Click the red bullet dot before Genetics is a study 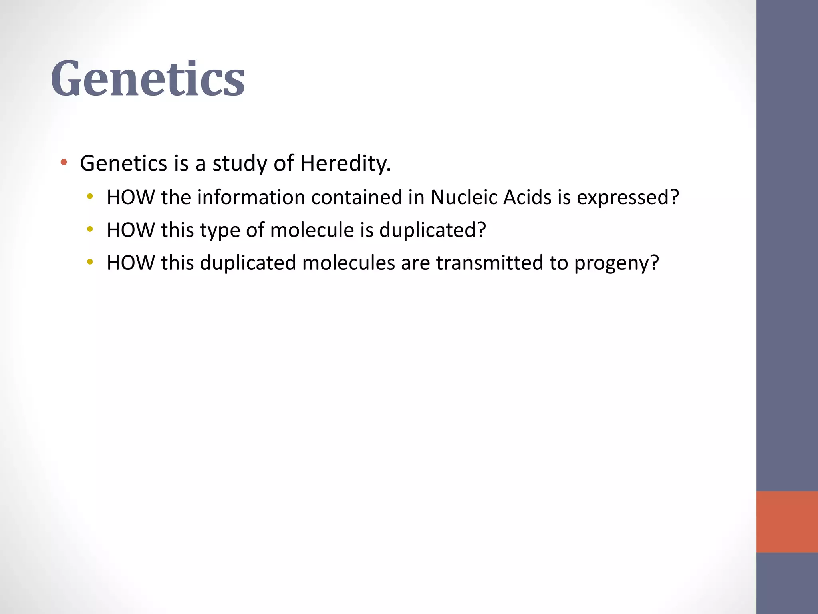(64, 162)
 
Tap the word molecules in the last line (348, 263)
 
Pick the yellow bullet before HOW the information (90, 196)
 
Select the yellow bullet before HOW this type (90, 229)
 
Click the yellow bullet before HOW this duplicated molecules (90, 262)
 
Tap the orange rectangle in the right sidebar (787, 522)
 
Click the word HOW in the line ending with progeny (131, 263)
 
